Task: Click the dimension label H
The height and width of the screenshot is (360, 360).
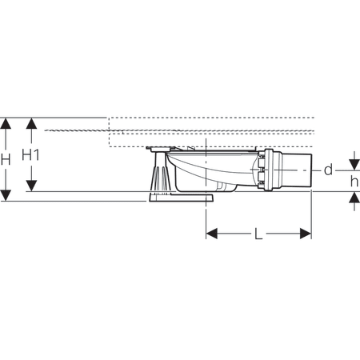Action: click(6, 159)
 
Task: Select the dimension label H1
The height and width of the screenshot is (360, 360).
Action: click(30, 155)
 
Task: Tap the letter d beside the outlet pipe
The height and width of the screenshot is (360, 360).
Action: click(329, 170)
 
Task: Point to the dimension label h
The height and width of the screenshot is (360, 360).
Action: click(354, 182)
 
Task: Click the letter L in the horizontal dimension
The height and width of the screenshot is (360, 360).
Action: click(258, 234)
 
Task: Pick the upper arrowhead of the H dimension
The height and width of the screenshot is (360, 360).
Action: click(6, 123)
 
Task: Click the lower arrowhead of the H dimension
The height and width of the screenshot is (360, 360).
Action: click(6, 195)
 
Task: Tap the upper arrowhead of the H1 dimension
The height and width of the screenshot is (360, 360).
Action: click(31, 123)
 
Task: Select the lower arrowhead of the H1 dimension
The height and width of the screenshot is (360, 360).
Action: click(31, 186)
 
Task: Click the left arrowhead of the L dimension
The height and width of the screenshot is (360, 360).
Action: click(212, 234)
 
